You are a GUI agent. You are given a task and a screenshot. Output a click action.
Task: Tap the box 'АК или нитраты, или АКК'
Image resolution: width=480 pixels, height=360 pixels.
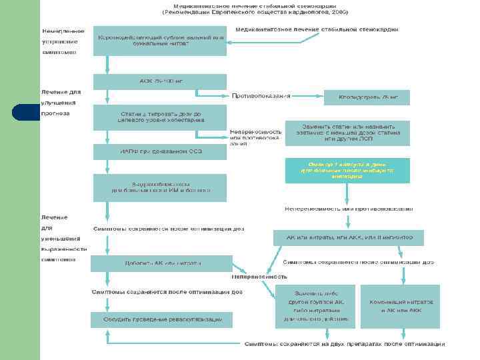tap(357, 237)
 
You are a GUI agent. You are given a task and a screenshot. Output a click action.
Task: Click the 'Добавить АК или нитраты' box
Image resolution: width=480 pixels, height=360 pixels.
tap(162, 263)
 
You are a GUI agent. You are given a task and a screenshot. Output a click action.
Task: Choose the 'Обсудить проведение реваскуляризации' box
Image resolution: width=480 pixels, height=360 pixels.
tap(162, 320)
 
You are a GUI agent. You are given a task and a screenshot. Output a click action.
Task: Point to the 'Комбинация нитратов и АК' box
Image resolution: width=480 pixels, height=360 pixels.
tap(400, 307)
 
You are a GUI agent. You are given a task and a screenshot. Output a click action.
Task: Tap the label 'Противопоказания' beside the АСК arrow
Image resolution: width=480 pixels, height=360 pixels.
tap(261, 96)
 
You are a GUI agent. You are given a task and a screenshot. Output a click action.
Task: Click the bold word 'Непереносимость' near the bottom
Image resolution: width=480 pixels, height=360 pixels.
tap(259, 276)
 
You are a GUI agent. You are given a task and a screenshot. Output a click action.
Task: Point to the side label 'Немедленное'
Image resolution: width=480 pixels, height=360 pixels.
tap(63, 31)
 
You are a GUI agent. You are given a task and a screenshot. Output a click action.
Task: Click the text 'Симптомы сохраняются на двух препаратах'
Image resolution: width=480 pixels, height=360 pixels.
tap(344, 344)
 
